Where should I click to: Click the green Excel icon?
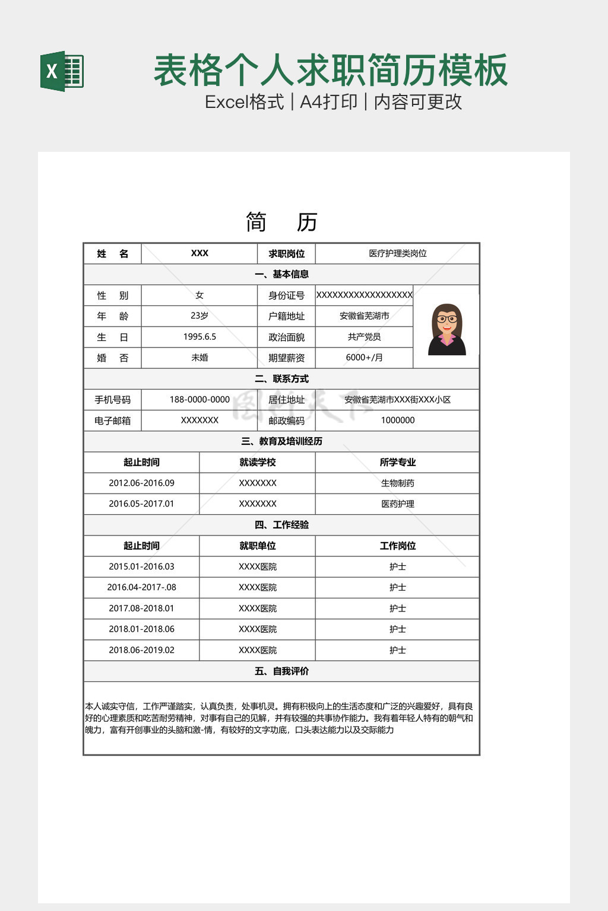pyautogui.click(x=62, y=71)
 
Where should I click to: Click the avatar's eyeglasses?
pyautogui.click(x=447, y=319)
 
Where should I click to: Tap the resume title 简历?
pyautogui.click(x=281, y=222)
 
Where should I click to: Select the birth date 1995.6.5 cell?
pyautogui.click(x=199, y=337)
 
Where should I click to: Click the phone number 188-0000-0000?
pyautogui.click(x=199, y=400)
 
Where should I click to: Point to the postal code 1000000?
pyautogui.click(x=397, y=421)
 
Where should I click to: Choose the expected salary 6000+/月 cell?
pyautogui.click(x=364, y=358)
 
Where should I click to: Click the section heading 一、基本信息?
pyautogui.click(x=281, y=274)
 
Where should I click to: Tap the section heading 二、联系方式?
pyautogui.click(x=281, y=379)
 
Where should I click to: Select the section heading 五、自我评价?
pyautogui.click(x=281, y=671)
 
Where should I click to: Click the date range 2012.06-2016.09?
pyautogui.click(x=141, y=483)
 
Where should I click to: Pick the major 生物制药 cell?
pyautogui.click(x=397, y=483)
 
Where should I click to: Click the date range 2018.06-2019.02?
pyautogui.click(x=141, y=650)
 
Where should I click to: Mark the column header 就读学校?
pyautogui.click(x=257, y=463)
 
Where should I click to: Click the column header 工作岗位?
pyautogui.click(x=397, y=546)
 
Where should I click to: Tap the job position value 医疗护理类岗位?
pyautogui.click(x=397, y=253)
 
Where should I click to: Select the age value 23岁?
pyautogui.click(x=199, y=316)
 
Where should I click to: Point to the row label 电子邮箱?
pyautogui.click(x=112, y=421)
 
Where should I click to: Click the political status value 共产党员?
pyautogui.click(x=364, y=337)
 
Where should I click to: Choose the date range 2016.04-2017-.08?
pyautogui.click(x=141, y=588)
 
